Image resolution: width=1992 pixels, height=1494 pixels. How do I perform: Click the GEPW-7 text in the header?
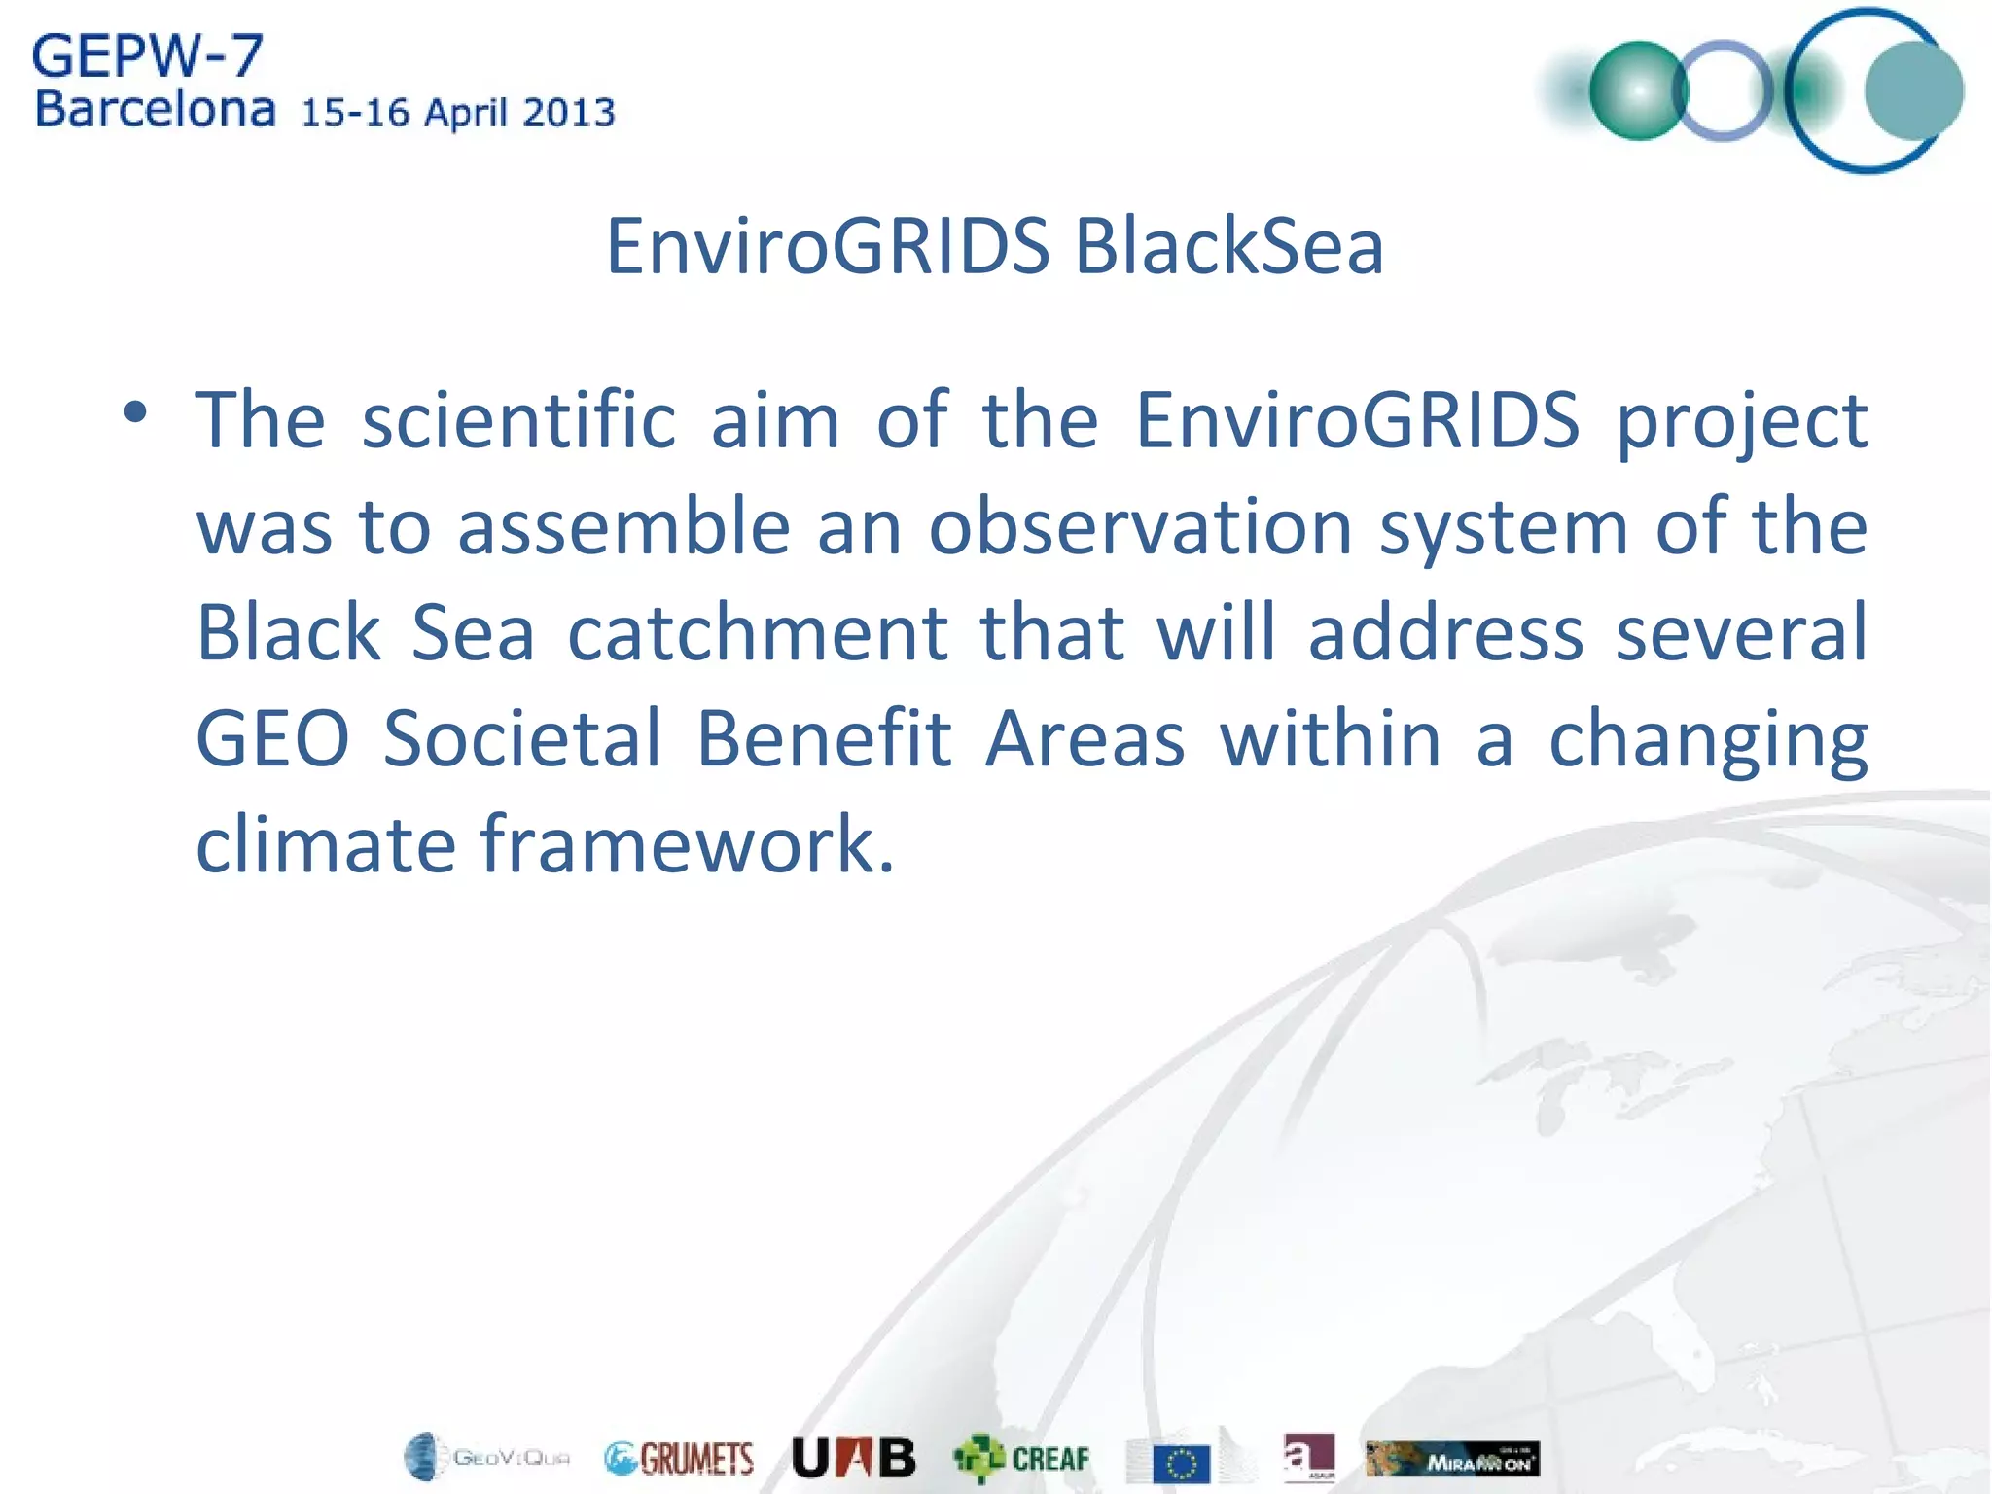point(147,56)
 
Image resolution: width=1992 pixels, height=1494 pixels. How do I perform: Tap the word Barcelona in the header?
point(155,110)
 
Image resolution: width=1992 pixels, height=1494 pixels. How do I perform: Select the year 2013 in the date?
point(569,113)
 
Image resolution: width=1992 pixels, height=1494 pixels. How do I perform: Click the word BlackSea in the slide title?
point(1228,246)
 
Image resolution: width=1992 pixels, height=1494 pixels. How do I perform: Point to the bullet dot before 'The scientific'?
point(135,413)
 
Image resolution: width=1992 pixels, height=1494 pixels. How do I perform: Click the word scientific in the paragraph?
point(518,420)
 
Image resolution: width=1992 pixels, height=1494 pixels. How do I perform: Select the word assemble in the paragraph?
point(623,526)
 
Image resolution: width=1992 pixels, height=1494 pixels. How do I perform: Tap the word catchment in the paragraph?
point(757,632)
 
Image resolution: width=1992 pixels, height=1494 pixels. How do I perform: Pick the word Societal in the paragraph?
point(522,738)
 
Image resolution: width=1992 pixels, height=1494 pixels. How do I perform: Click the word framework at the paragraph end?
point(687,843)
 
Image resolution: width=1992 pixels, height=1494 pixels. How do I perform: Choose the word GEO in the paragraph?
point(272,738)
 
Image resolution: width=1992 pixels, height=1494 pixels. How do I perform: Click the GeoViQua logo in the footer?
point(486,1457)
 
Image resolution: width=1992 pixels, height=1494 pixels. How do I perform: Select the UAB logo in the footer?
point(853,1457)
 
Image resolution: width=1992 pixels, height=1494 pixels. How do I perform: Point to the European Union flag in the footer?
point(1181,1463)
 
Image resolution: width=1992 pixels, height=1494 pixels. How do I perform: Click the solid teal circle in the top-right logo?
point(1913,90)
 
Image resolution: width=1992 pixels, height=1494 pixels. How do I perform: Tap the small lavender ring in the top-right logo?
point(1723,90)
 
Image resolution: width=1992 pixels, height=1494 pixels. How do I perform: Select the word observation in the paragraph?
point(1141,526)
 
